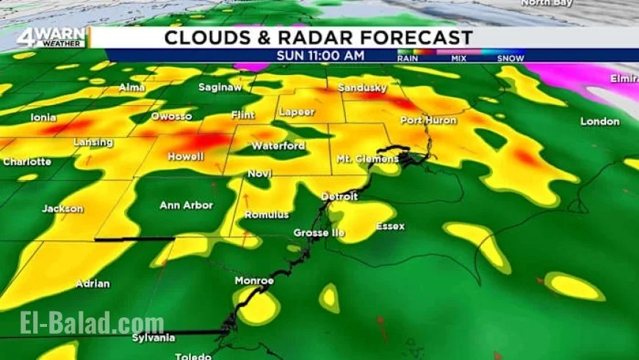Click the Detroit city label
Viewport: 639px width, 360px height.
[339, 197]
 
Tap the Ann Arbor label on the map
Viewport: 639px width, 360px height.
[186, 206]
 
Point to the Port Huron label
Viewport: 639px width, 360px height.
[428, 120]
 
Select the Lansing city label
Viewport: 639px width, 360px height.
[93, 142]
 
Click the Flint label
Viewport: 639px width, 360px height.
[242, 115]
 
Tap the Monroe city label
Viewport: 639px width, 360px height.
[254, 281]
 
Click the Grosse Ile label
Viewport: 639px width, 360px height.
[318, 233]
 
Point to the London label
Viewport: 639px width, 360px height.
[600, 121]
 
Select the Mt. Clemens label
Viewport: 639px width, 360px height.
[367, 159]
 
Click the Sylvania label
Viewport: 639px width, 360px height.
[154, 337]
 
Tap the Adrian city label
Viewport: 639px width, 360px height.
[93, 284]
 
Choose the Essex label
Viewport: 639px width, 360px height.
[390, 226]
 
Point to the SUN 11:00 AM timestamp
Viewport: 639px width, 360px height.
[320, 55]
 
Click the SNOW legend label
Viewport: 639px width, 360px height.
[510, 58]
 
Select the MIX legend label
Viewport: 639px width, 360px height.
[459, 58]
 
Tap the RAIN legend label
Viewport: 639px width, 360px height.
[408, 58]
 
